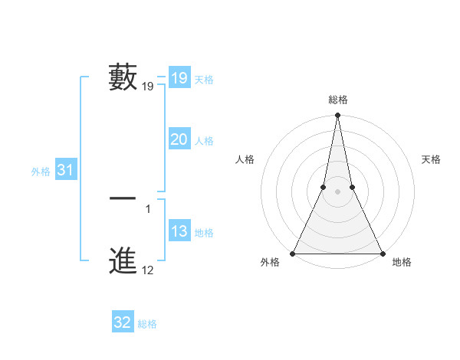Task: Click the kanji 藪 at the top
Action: pyautogui.click(x=123, y=77)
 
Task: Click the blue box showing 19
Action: pyautogui.click(x=179, y=78)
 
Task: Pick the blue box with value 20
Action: pyautogui.click(x=179, y=139)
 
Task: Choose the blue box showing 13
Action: pyautogui.click(x=179, y=231)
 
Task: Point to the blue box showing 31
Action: pyautogui.click(x=65, y=170)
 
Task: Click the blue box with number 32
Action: pyautogui.click(x=123, y=322)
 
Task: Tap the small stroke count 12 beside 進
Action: pyautogui.click(x=147, y=270)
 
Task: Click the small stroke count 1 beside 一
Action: pyautogui.click(x=148, y=209)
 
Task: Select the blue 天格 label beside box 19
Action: pyautogui.click(x=204, y=80)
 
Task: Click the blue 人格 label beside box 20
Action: pyautogui.click(x=204, y=141)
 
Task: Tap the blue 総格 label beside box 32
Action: pyautogui.click(x=147, y=324)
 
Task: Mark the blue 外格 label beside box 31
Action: pyautogui.click(x=41, y=172)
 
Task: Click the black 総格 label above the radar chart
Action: pyautogui.click(x=337, y=100)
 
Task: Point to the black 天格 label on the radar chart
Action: pyautogui.click(x=431, y=159)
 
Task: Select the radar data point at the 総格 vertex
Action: pyautogui.click(x=337, y=116)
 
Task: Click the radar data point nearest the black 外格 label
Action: pyautogui.click(x=294, y=254)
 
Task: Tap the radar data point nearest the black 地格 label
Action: pyautogui.click(x=382, y=254)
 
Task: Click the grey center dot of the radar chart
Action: pyautogui.click(x=337, y=191)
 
